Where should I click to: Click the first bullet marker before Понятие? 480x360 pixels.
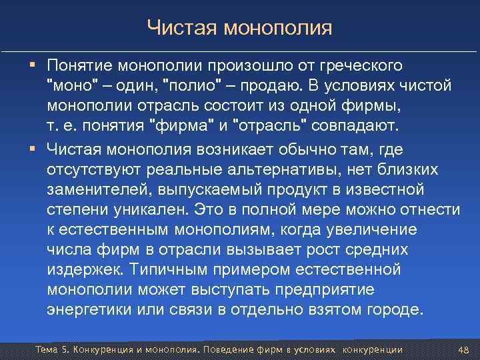[x=33, y=65]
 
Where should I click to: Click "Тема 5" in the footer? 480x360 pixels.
[x=52, y=350]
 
